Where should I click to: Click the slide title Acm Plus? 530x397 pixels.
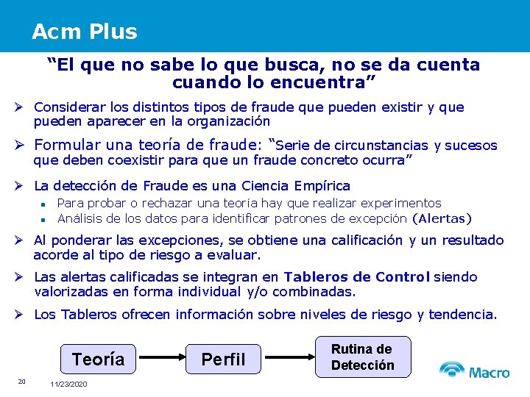click(x=84, y=32)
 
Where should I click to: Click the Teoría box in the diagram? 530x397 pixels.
click(x=98, y=360)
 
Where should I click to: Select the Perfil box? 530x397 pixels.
click(x=223, y=360)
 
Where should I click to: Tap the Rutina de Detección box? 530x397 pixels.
click(x=362, y=357)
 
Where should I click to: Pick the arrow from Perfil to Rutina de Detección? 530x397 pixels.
click(x=288, y=359)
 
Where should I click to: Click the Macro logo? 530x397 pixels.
click(x=474, y=371)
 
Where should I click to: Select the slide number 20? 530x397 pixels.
click(x=22, y=381)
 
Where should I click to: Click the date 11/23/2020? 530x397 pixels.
click(x=68, y=385)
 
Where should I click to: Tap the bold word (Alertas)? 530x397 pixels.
click(x=442, y=218)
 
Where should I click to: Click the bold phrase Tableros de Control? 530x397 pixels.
click(x=357, y=277)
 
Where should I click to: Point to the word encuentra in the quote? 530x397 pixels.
click(x=330, y=79)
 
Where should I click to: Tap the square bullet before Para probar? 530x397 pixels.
click(x=44, y=204)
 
